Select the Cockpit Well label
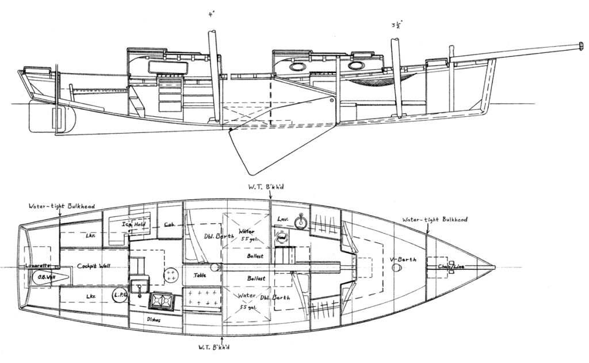click(x=95, y=266)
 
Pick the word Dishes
click(x=153, y=319)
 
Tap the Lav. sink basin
click(x=299, y=222)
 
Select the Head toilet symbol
click(x=281, y=237)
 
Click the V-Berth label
click(x=403, y=258)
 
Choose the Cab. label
click(x=170, y=225)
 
